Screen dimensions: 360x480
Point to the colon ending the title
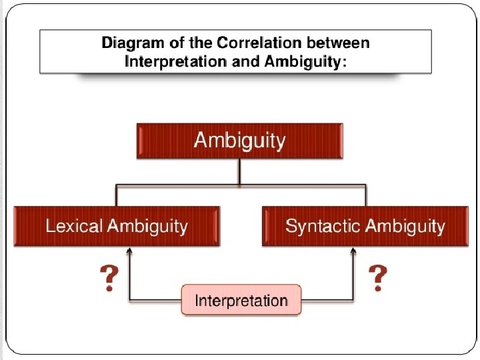coord(344,63)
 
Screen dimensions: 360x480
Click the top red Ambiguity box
coord(239,141)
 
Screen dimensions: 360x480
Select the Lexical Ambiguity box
coord(116,226)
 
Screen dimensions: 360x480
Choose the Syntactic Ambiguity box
coord(365,226)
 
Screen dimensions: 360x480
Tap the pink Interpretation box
coord(241,300)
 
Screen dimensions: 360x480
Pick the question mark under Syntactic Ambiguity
coord(377,276)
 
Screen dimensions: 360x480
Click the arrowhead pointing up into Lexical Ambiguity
coord(130,251)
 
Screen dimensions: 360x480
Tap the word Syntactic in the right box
coord(318,226)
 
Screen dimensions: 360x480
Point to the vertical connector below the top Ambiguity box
coord(239,171)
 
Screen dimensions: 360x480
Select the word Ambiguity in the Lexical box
coord(147,226)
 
